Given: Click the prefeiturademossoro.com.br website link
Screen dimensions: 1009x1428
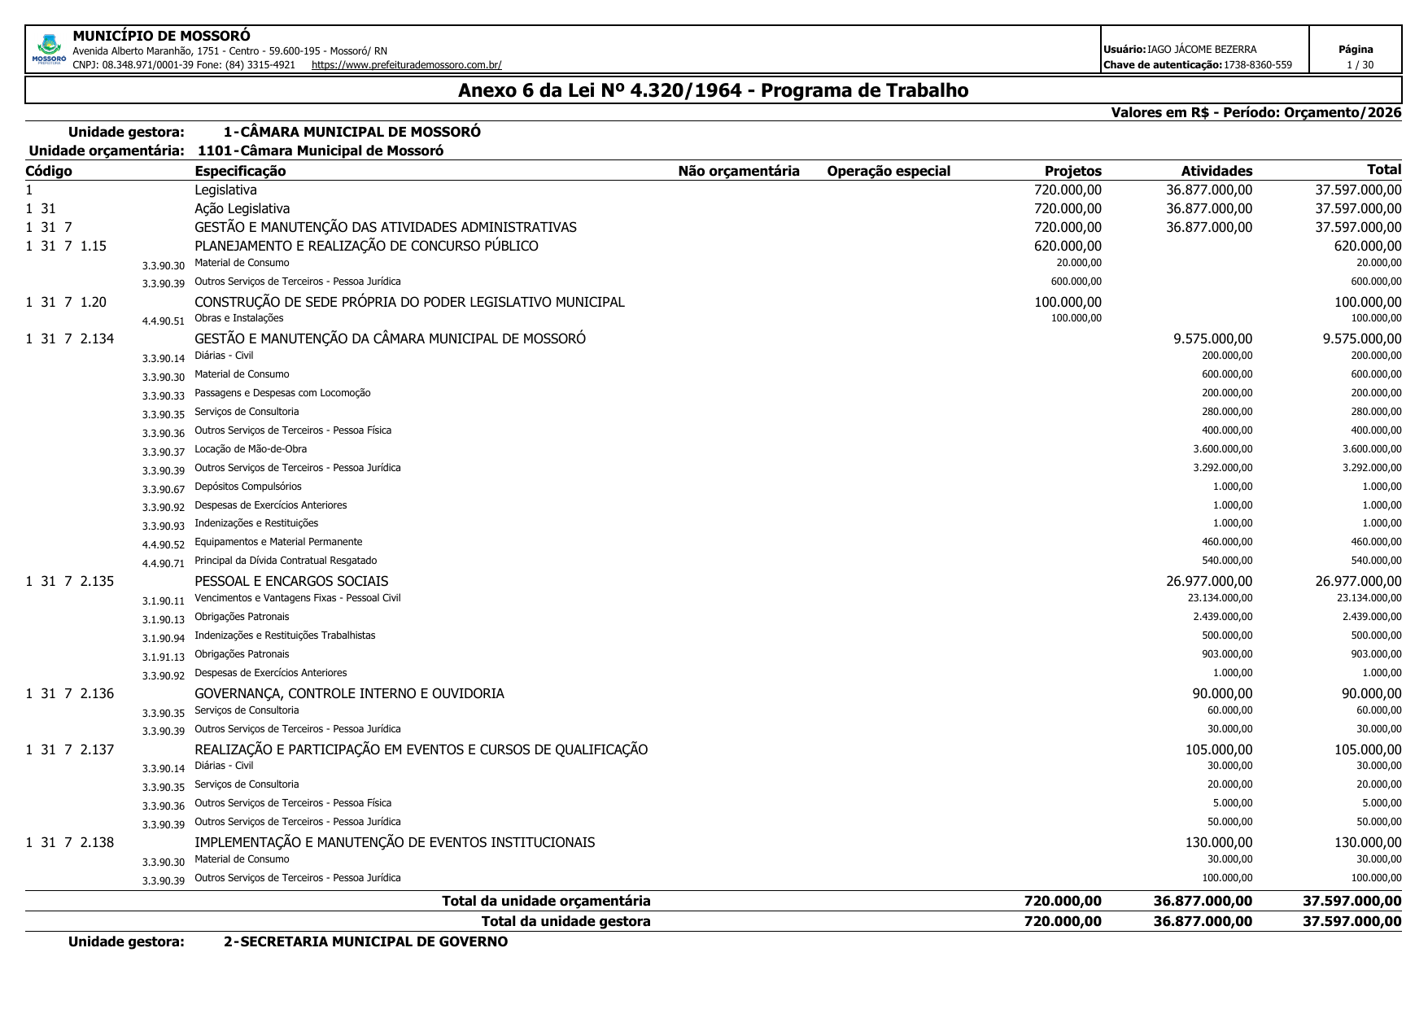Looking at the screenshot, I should click(406, 65).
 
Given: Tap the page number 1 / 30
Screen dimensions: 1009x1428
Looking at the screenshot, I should click(1355, 65).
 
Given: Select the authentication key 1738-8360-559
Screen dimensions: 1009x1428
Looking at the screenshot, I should click(1257, 65).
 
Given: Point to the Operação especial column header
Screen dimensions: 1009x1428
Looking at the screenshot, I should click(888, 171).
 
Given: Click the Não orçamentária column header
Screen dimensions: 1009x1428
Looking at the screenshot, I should click(738, 171).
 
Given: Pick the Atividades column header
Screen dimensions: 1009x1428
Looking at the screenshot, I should click(1216, 171).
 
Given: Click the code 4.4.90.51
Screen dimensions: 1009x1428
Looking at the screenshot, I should click(163, 321).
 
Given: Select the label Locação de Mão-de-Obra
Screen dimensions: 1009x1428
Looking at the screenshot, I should click(251, 449).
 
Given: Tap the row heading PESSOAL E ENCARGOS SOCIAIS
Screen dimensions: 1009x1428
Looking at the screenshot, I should click(290, 581).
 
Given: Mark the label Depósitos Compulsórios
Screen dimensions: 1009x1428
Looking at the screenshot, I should click(247, 487).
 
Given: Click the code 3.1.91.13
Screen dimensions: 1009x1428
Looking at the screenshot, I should click(163, 657).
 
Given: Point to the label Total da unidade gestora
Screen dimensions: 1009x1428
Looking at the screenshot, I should click(566, 921).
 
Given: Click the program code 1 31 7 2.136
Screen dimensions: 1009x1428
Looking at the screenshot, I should click(70, 693).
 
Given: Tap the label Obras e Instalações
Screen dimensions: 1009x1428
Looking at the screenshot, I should click(238, 318).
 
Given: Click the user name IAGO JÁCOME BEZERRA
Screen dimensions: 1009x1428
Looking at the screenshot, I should click(1201, 50).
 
